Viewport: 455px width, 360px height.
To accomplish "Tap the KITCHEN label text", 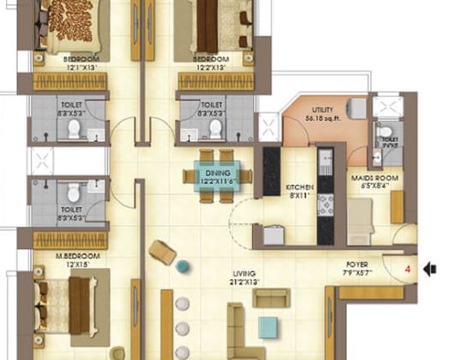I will tap(300, 187).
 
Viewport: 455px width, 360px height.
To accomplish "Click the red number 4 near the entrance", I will tap(408, 269).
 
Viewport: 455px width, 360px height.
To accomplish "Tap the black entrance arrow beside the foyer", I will tap(431, 269).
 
